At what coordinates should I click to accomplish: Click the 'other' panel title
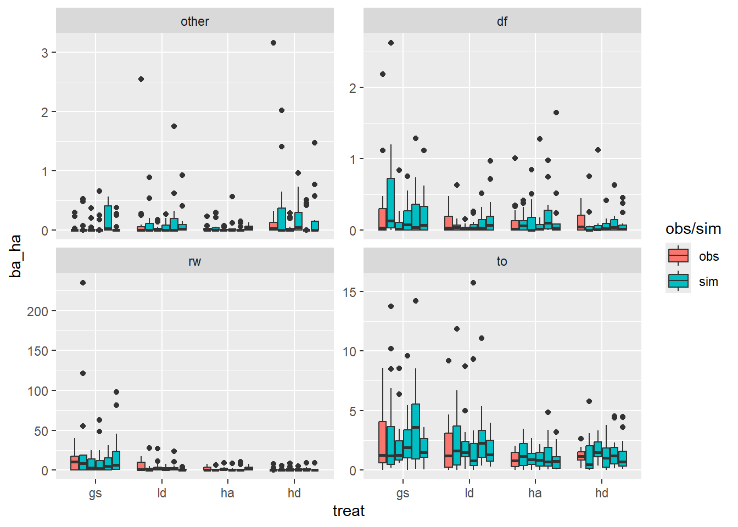click(194, 21)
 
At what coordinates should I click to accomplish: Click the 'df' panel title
click(502, 21)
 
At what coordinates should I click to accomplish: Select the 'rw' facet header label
click(194, 261)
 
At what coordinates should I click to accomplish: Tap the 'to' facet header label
click(502, 261)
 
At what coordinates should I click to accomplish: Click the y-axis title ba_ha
click(15, 256)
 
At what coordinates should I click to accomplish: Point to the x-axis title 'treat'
click(349, 511)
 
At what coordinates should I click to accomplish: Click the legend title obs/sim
click(693, 229)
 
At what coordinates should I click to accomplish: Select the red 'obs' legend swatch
click(678, 256)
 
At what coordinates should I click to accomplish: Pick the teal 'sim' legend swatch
click(678, 281)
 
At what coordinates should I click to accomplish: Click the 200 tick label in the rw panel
click(37, 311)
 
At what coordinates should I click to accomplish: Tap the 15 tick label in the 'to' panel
click(349, 292)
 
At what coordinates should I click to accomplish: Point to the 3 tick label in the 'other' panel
click(44, 53)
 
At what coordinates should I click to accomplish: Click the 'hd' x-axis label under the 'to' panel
click(601, 493)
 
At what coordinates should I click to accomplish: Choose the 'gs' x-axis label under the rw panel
click(95, 493)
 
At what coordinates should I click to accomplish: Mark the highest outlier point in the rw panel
click(83, 283)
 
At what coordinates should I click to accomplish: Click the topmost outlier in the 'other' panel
click(273, 43)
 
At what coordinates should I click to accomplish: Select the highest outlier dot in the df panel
click(391, 43)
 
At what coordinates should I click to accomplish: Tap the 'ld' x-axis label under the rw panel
click(161, 493)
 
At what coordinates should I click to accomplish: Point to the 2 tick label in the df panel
click(353, 88)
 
